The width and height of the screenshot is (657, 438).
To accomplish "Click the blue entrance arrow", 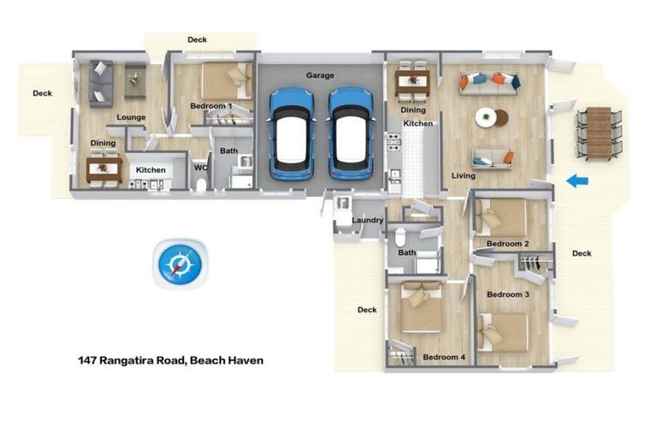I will [577, 181].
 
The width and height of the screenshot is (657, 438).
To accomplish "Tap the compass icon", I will [179, 263].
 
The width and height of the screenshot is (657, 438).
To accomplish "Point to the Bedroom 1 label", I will [211, 106].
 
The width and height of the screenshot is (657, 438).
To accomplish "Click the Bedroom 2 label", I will [507, 244].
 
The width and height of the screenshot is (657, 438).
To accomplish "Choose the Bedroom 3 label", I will [508, 294].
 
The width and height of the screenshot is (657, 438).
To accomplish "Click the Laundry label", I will [368, 221].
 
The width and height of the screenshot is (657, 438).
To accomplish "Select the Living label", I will [463, 176].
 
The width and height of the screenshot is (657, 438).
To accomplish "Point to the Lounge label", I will [131, 117].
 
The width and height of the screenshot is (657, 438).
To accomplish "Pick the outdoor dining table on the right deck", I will [599, 133].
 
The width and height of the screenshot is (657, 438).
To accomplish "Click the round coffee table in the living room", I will [486, 117].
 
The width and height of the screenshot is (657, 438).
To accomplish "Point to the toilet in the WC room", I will [201, 184].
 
